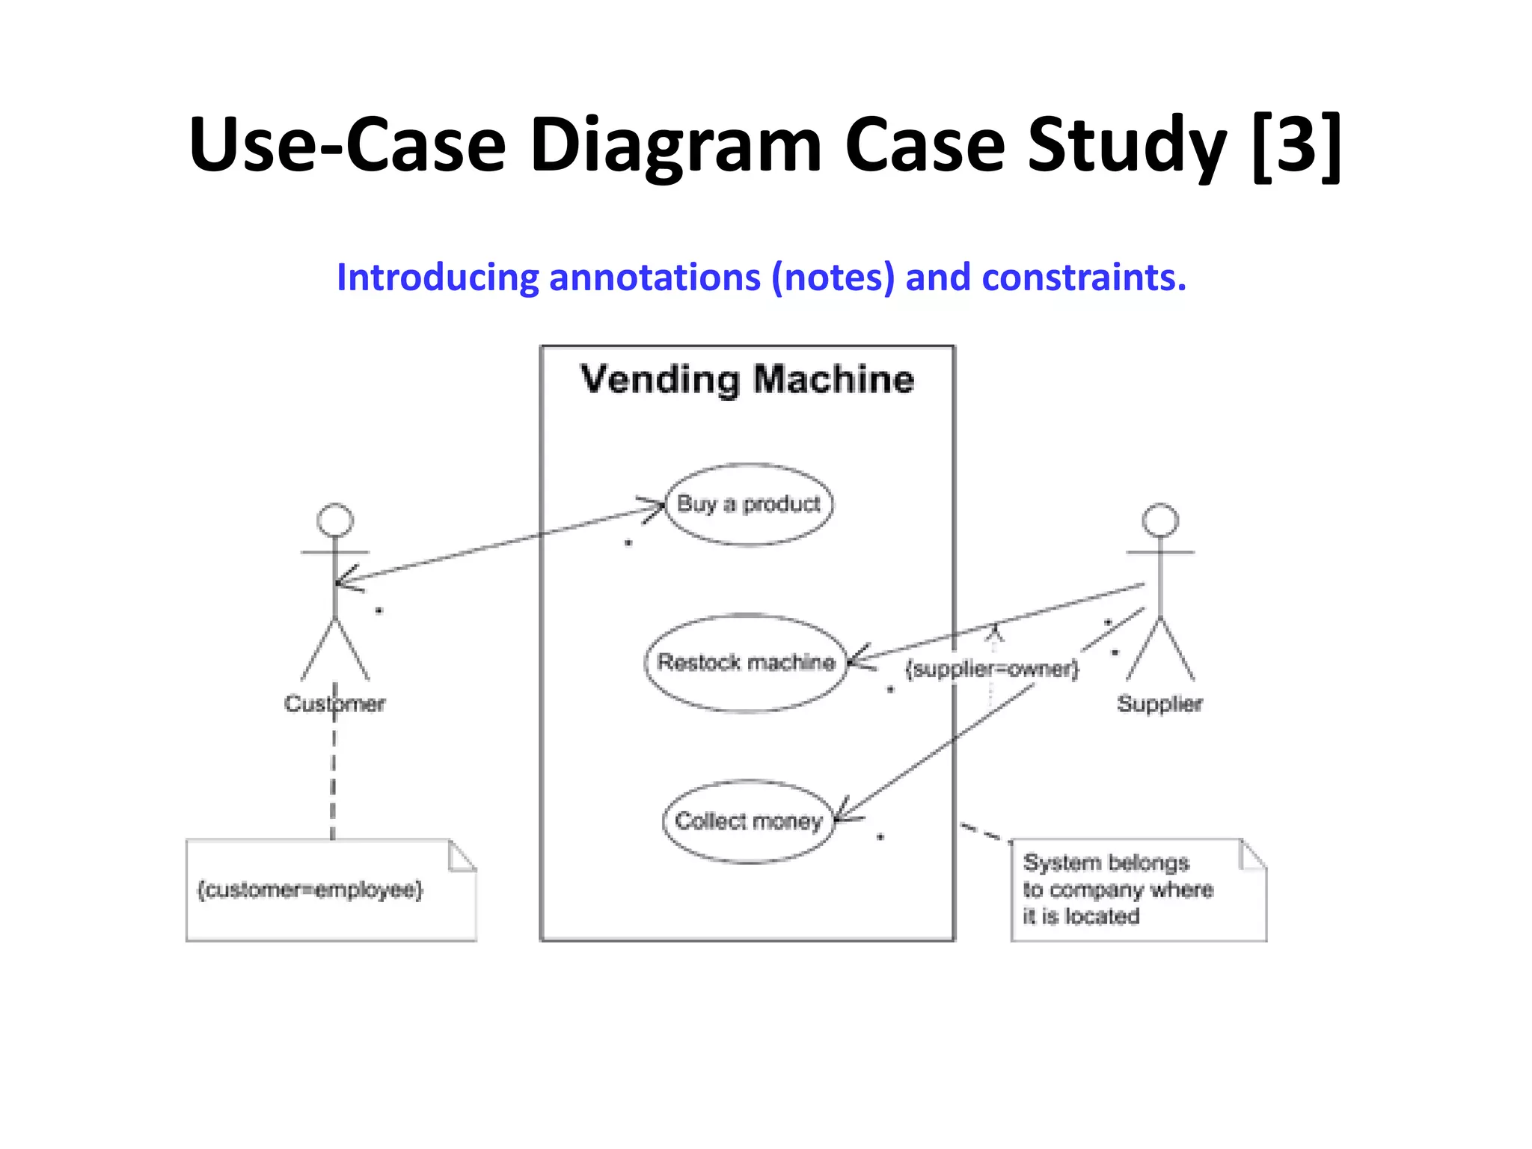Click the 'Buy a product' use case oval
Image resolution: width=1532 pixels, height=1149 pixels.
pos(748,504)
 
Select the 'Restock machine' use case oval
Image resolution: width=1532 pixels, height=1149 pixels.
pos(746,663)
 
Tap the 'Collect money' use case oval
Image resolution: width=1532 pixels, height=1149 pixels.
pos(748,821)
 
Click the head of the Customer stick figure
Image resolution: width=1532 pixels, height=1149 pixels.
pos(334,520)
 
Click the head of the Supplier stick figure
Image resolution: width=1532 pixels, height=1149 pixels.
pos(1160,520)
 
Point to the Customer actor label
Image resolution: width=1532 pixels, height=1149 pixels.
pos(334,704)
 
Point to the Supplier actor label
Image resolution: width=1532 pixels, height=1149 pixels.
pos(1159,704)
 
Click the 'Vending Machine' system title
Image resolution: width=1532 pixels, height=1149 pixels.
pos(747,379)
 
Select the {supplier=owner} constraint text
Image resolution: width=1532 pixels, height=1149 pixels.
pos(992,669)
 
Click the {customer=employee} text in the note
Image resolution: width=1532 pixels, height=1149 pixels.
pos(310,889)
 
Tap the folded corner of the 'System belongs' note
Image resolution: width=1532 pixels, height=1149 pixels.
pos(1251,856)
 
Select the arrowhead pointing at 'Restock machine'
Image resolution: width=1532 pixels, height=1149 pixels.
pos(859,659)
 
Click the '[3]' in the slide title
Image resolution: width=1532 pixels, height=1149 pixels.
pos(1296,144)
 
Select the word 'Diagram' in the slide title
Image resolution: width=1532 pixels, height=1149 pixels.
pos(676,144)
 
